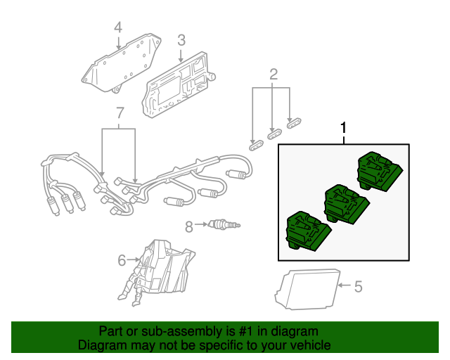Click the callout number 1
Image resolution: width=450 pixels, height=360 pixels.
pos(344,129)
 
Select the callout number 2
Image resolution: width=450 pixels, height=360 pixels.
pos(274,74)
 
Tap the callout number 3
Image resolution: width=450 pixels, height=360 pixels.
pos(181,40)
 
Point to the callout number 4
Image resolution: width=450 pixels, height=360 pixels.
pos(118,27)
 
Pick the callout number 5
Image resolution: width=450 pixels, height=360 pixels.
pos(358,286)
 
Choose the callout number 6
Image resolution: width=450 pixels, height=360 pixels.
pos(122,260)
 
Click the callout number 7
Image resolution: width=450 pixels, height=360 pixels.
pos(120,112)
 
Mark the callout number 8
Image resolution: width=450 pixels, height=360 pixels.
pos(188,226)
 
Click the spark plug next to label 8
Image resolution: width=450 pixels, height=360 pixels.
pos(221,225)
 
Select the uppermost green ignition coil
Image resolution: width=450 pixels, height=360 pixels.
pos(379,172)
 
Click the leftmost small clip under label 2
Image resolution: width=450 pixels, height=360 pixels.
pos(256,144)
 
